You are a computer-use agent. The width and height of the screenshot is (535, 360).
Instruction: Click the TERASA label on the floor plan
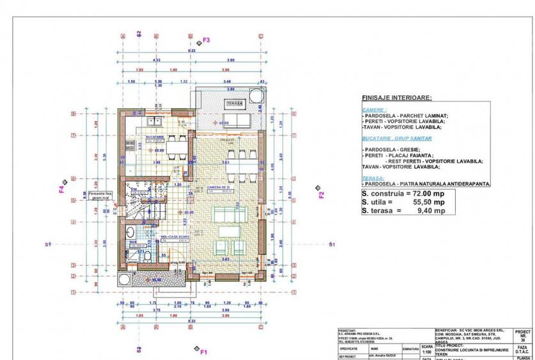pos(233,103)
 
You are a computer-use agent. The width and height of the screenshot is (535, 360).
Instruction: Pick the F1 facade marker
pos(204,351)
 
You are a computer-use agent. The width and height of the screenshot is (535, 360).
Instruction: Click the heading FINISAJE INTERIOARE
pos(396,98)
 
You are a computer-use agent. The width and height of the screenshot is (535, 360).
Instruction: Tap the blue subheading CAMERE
pos(374,110)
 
